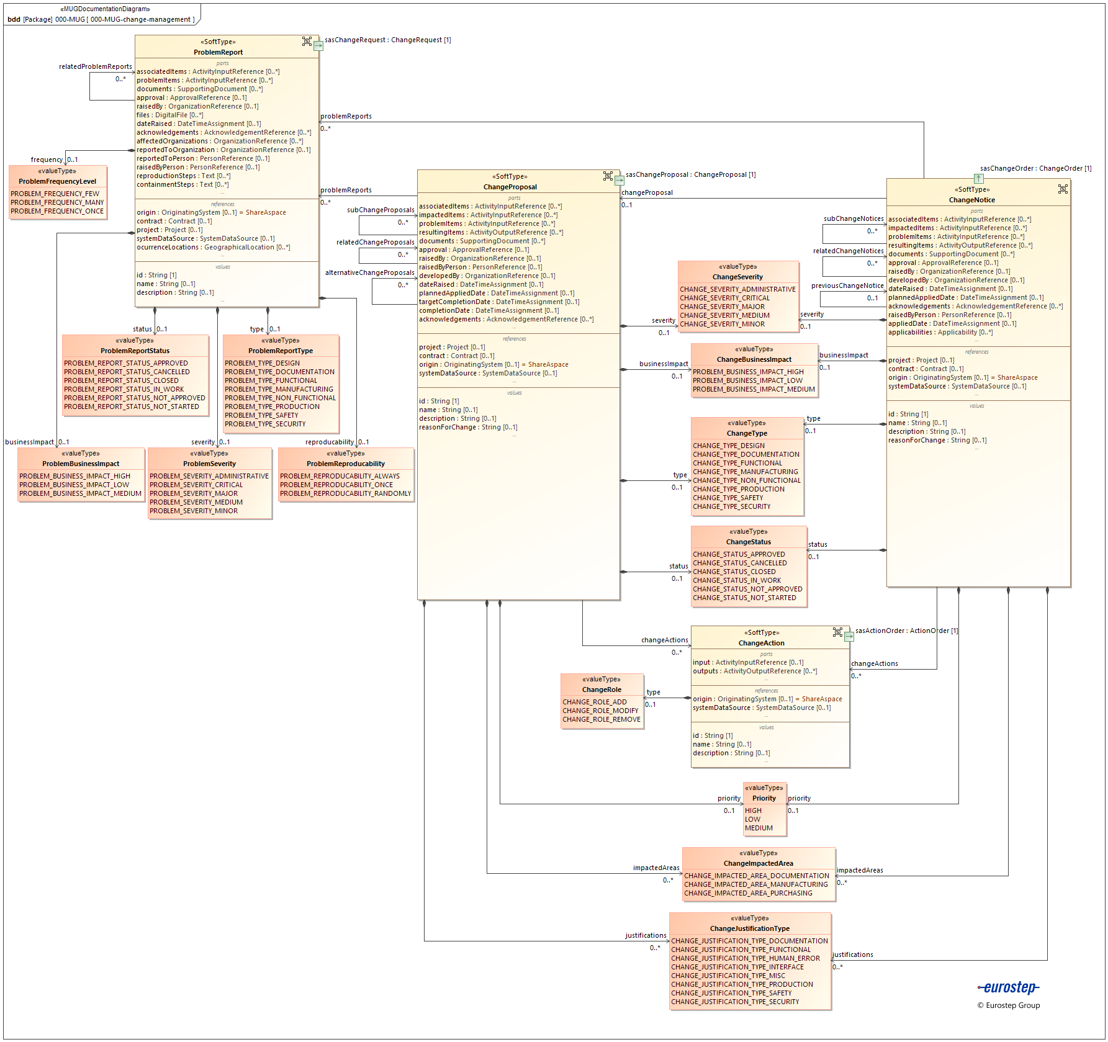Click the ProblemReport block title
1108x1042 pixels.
point(218,52)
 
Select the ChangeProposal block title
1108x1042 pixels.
point(510,187)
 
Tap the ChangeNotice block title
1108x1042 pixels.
point(971,200)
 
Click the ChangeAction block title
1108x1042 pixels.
point(761,643)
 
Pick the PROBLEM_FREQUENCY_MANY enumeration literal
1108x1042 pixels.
point(57,202)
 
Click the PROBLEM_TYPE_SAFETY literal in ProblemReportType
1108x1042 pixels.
point(261,415)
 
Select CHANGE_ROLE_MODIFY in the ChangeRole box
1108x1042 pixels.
point(600,711)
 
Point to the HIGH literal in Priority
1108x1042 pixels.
point(753,811)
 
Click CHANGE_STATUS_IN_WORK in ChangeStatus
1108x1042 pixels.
point(737,580)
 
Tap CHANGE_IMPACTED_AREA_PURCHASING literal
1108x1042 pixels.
point(748,893)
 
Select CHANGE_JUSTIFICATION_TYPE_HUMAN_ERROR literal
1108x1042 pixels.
point(745,958)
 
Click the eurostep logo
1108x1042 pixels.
point(1009,987)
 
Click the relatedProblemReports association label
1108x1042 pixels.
point(96,66)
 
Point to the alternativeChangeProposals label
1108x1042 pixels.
point(369,272)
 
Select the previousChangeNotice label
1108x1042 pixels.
point(847,285)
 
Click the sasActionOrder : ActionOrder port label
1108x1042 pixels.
point(906,631)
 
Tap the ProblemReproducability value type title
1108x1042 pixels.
point(346,464)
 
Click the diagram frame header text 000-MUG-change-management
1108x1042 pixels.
point(140,19)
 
